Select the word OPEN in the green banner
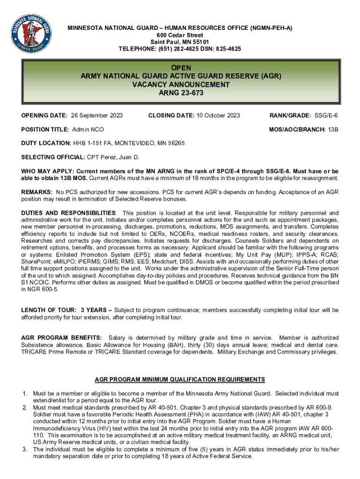coord(180,68)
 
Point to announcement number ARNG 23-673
coord(180,93)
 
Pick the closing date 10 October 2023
coord(216,116)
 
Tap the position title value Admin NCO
coord(88,129)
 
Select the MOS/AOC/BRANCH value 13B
coord(333,129)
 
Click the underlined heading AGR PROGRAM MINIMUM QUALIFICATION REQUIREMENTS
coord(180,379)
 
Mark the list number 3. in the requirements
coord(25,450)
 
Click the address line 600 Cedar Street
coord(180,35)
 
